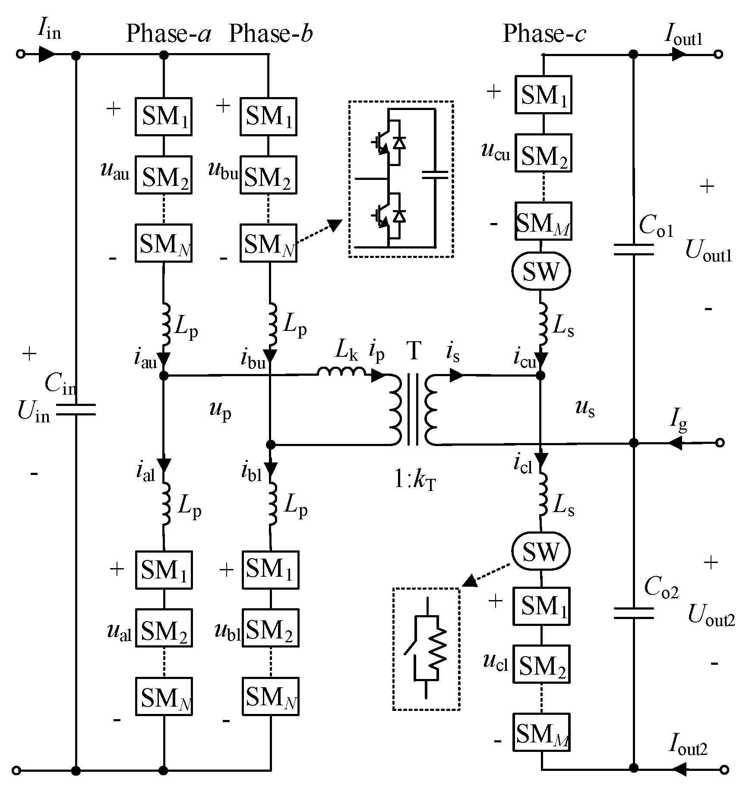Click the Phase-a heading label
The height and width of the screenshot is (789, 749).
168,34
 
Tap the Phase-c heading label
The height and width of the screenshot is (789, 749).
544,34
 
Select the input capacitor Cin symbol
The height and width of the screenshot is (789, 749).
76,410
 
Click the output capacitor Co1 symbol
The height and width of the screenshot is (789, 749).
633,249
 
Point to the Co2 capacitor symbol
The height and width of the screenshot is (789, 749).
633,613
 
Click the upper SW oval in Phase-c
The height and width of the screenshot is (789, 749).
541,271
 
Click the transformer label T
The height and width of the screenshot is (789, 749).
414,350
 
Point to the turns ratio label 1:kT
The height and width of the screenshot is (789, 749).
415,480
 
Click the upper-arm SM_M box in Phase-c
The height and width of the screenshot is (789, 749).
543,221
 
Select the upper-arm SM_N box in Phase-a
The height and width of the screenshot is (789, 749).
164,243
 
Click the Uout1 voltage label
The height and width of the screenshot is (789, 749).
708,251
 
